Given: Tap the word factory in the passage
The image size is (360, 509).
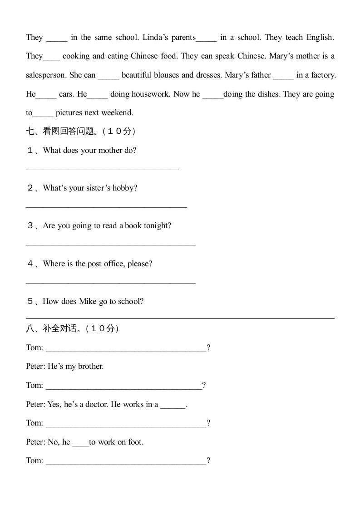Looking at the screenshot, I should tap(323, 75).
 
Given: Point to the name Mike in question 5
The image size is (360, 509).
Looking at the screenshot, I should tap(88, 302).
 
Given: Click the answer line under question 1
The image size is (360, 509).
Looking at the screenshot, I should tap(102, 170).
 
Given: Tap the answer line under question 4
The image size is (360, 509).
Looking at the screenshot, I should tap(111, 283).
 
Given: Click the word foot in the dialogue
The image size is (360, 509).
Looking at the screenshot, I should tap(135, 442).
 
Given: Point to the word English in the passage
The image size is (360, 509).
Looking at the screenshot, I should tap(320, 38).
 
